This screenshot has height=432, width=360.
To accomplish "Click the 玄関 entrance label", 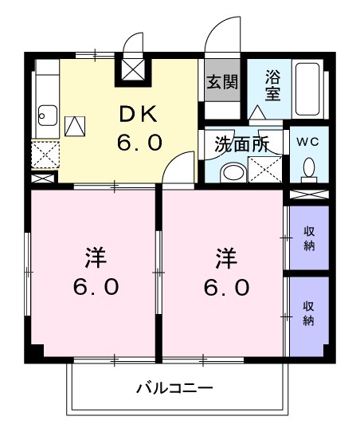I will coord(222,81).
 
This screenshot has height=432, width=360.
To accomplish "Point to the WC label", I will coord(308,141).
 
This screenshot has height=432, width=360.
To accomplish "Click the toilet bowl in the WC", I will coord(309,167).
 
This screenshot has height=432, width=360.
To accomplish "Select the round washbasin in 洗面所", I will coord(233,171).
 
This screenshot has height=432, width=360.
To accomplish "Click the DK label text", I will coord(141,115).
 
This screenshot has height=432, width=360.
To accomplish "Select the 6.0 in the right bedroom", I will coord(225,286).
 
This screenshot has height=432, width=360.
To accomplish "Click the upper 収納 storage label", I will coord(309,238).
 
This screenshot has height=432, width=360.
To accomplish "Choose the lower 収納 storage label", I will coord(309,313).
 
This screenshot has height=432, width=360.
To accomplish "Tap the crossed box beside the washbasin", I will coord(264,169).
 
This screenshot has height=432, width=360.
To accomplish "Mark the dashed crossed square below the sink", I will coord(44,152).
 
